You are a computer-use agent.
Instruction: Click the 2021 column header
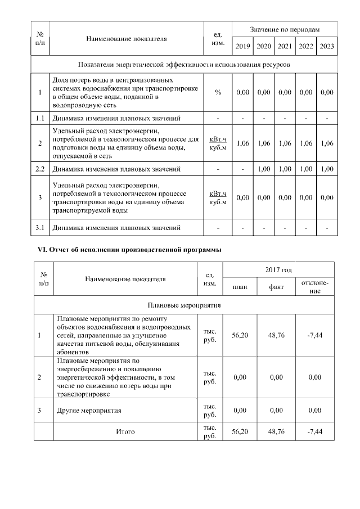pos(285,47)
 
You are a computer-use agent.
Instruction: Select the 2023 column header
pos(327,47)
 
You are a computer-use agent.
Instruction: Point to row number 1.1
pos(40,119)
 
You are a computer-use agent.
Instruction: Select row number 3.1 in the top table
pos(40,228)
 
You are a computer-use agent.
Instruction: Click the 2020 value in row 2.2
pos(263,169)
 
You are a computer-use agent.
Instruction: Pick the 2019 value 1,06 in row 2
pos(242,143)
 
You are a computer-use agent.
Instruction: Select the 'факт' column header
pos(276,287)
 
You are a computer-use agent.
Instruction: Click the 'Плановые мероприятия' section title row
pos(184,305)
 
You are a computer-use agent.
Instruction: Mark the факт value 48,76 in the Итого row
pos(276,432)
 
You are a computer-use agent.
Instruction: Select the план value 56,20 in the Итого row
pos(240,432)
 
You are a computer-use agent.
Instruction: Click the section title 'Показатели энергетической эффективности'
pos(184,65)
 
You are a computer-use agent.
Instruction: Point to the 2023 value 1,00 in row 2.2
pos(327,169)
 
